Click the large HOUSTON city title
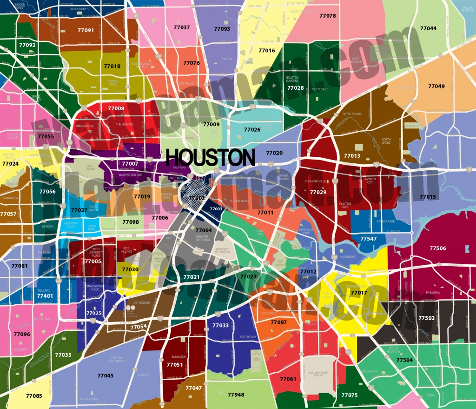(210, 157)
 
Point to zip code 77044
(428, 28)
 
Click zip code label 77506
(437, 248)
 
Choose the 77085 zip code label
(33, 396)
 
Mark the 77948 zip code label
(236, 395)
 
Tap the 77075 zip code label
(350, 395)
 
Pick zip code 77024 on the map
(11, 164)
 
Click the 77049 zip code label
(436, 87)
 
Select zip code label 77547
(369, 238)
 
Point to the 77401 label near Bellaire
(45, 295)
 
